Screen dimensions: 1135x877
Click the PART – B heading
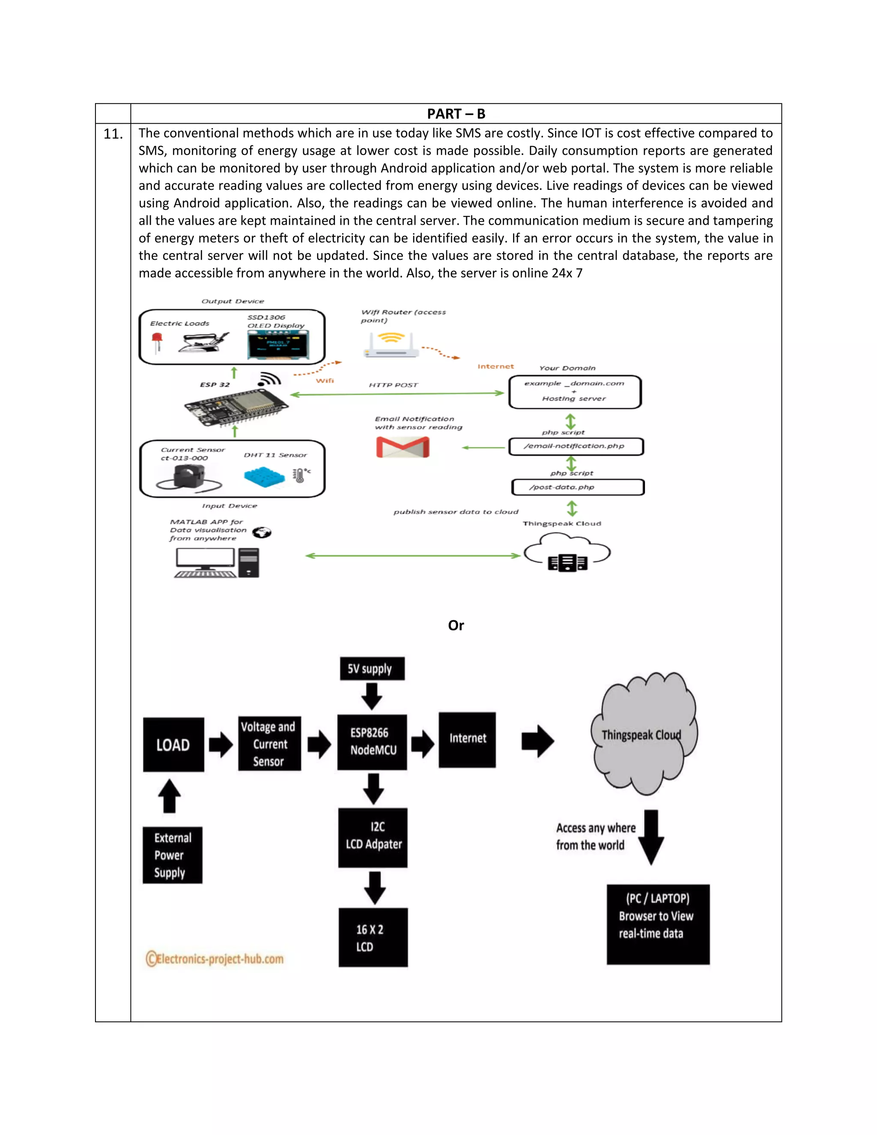click(x=456, y=113)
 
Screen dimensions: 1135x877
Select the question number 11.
click(x=113, y=134)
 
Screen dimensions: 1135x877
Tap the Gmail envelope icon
click(x=403, y=447)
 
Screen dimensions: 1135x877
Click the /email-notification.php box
click(x=576, y=446)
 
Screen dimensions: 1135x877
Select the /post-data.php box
click(x=578, y=487)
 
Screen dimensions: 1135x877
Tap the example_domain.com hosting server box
click(x=575, y=392)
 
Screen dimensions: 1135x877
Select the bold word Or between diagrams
click(x=456, y=625)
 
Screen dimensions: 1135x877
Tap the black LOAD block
click(x=173, y=745)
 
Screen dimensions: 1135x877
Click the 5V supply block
click(x=371, y=668)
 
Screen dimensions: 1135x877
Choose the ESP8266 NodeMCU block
click(x=372, y=741)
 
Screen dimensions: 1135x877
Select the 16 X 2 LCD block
click(x=373, y=938)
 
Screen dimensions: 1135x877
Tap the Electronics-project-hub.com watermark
click(x=215, y=958)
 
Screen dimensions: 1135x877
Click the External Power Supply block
click(x=173, y=855)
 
